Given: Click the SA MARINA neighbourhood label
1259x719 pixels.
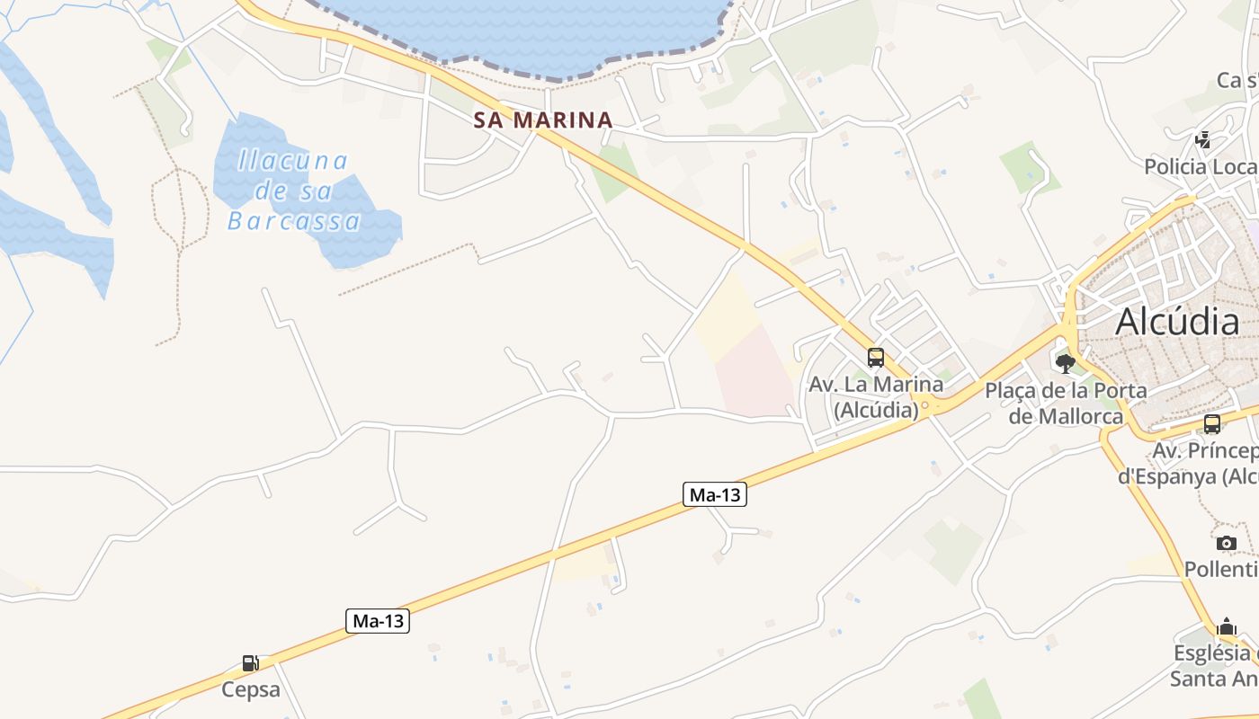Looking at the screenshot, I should [543, 120].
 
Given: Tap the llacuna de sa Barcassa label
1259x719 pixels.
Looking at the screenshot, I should [293, 191].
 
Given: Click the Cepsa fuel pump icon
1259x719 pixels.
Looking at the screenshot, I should [251, 664].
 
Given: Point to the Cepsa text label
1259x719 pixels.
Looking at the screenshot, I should [251, 690].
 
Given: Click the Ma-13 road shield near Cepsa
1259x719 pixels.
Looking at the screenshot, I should [378, 620].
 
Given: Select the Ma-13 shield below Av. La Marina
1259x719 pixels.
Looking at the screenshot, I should [715, 494].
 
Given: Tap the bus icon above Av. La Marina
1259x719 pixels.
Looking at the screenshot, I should [876, 358].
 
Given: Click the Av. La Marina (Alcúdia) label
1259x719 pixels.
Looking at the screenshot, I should [876, 397].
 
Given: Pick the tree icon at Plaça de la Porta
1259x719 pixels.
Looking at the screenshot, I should [1066, 364].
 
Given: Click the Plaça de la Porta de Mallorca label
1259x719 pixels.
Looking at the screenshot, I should [1066, 404].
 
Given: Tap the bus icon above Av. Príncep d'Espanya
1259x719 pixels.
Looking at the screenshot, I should [1212, 424].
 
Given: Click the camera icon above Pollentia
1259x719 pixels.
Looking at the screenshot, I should [1227, 543].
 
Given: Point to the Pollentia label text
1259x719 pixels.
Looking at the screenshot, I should [1221, 569].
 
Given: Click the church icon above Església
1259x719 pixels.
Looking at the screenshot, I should [1227, 627].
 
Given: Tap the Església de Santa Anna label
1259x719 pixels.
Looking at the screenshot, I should [1214, 665].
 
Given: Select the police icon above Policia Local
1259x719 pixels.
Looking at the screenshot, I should [1202, 140].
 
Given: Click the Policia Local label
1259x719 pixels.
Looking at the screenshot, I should [1201, 167].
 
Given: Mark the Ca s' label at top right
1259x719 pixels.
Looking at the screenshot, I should [1237, 80].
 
